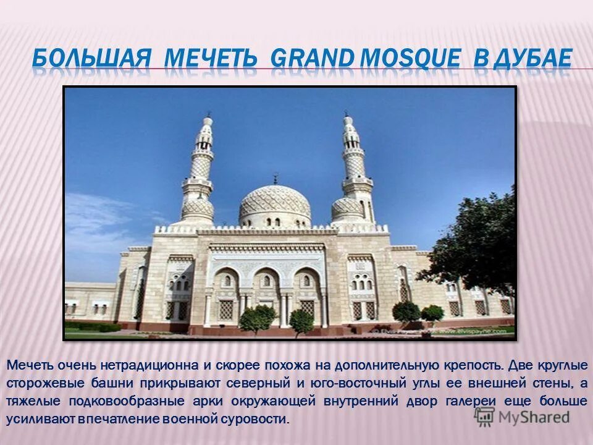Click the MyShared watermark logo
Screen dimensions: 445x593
(x=521, y=416)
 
